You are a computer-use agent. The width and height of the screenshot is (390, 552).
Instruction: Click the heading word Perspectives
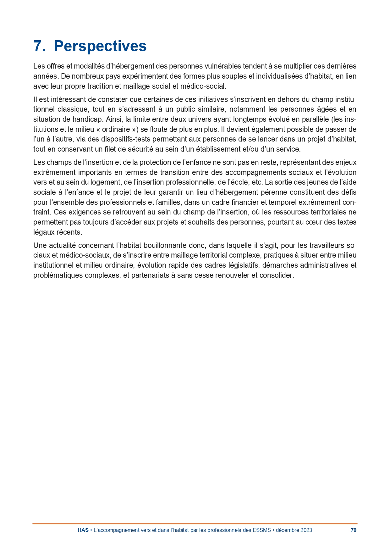coord(100,46)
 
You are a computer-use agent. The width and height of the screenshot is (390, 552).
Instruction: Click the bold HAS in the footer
coord(83,530)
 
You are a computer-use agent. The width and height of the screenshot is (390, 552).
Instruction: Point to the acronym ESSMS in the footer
coord(261,530)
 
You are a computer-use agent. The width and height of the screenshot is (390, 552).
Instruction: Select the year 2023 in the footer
coord(306,530)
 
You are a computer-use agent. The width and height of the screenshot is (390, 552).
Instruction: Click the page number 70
coord(354,530)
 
